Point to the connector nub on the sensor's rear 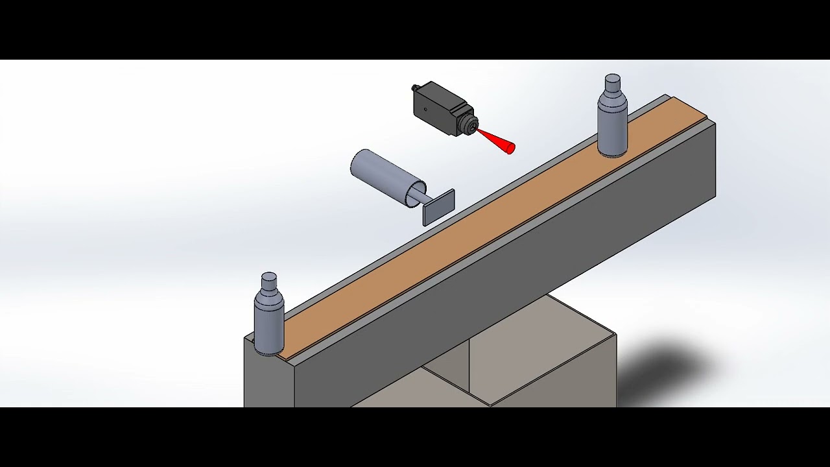[415, 87]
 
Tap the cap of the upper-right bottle [612, 83]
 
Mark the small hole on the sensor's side [426, 110]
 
